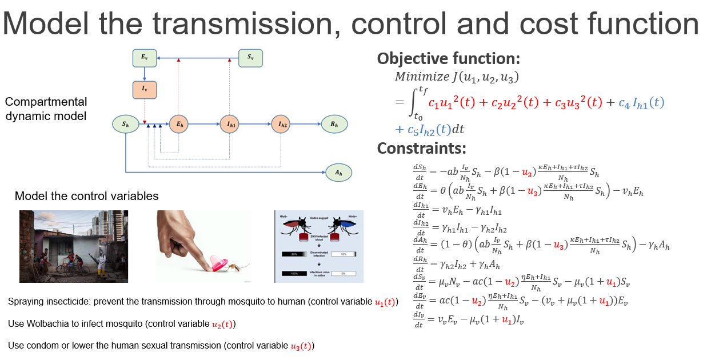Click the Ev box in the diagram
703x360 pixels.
coord(144,57)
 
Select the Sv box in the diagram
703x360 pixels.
coord(250,57)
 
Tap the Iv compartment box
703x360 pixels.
coord(144,90)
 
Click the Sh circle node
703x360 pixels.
coord(125,123)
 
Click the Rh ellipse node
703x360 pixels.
coord(334,123)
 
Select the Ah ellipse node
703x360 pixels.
coord(338,171)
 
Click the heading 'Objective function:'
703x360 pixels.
coord(449,59)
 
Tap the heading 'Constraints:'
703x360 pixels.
coord(421,149)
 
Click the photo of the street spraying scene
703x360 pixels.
coord(74,246)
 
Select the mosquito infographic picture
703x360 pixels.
coord(319,246)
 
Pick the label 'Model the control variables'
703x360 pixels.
coord(86,197)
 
